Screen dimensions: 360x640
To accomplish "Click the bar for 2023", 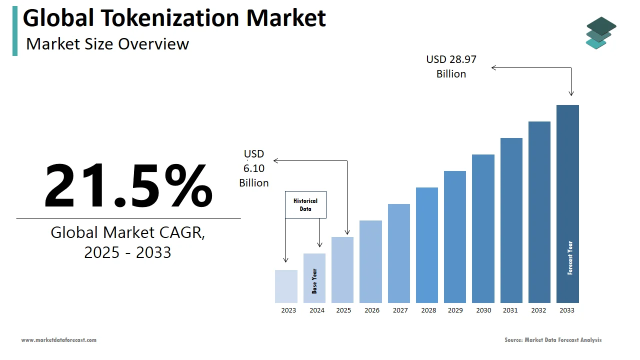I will point(286,286).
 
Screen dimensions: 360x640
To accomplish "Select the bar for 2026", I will point(370,261).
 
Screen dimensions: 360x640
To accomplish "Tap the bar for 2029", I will point(455,237).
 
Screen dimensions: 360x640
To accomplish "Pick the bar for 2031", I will point(511,220).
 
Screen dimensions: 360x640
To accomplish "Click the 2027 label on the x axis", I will point(400,310).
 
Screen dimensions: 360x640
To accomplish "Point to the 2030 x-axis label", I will point(483,310).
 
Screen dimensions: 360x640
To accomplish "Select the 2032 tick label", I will point(538,310).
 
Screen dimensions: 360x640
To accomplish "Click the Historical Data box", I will point(305,204).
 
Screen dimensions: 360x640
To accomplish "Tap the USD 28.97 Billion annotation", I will point(451,66).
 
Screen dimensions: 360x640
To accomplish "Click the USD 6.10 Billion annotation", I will point(254,168).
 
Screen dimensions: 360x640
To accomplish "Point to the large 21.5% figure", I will point(128,185).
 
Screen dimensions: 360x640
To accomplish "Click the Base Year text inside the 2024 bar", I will point(314,281).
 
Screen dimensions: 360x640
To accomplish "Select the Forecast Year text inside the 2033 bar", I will point(570,258).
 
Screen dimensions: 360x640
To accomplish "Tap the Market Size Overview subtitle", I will point(107,44).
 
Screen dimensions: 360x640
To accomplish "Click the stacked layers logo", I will point(600,33).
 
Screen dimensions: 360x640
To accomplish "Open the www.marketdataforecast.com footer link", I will point(59,340).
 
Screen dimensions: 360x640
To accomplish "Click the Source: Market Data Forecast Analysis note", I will point(553,340).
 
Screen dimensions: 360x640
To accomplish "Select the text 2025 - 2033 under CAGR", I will point(127,252).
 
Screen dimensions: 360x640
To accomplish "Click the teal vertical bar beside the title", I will point(15,31).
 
